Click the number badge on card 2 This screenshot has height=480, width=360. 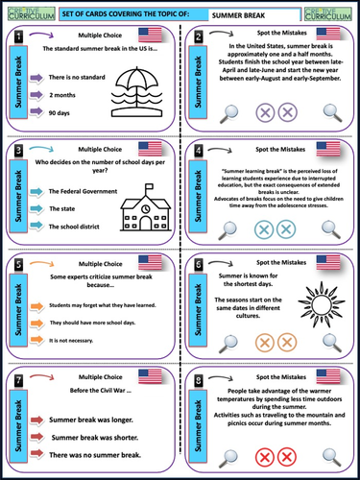(197, 36)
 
